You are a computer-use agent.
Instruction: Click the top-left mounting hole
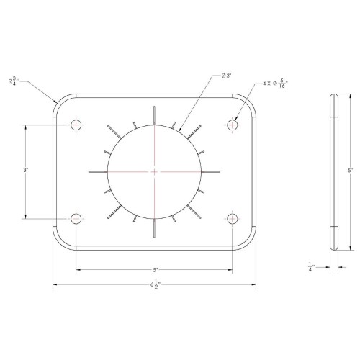coord(76,125)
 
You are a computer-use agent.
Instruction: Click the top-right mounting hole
coord(233,125)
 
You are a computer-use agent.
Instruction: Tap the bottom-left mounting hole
coord(76,219)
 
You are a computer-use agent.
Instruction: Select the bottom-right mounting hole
coord(233,219)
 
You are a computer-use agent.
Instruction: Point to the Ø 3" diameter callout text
coord(226,76)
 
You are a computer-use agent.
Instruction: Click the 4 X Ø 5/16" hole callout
coord(275,84)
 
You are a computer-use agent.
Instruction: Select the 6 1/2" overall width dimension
coord(156,284)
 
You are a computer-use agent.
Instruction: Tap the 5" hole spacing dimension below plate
coord(156,270)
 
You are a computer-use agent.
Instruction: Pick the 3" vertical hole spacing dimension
coord(26,170)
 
